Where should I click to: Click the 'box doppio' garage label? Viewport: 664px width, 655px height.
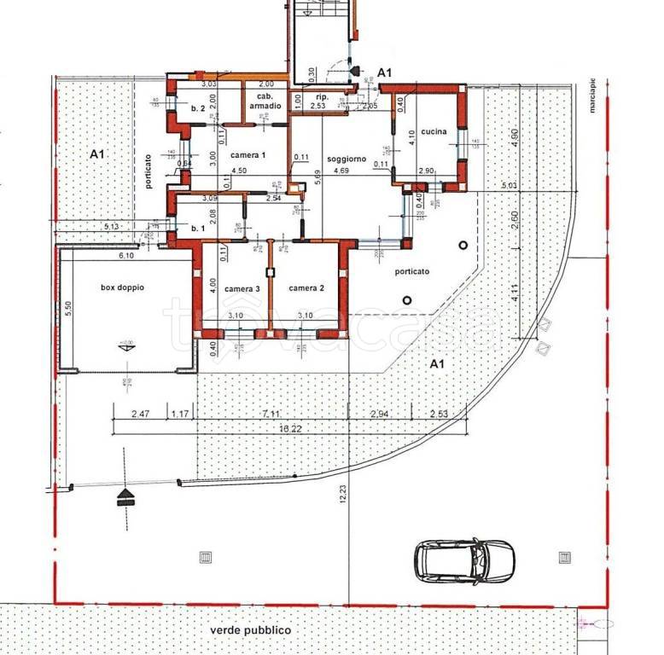tap(122, 287)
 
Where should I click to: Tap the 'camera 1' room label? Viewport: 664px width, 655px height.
tap(248, 154)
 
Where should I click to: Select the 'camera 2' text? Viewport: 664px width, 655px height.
tap(306, 288)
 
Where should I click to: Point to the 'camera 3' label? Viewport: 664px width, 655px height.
tap(242, 289)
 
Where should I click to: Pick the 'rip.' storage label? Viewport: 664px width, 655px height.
tap(322, 96)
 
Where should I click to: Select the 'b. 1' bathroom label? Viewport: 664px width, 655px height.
tap(198, 229)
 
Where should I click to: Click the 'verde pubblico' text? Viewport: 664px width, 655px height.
tap(251, 630)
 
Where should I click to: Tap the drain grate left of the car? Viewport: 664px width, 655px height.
tap(205, 558)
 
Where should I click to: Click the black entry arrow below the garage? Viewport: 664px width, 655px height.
tap(126, 496)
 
